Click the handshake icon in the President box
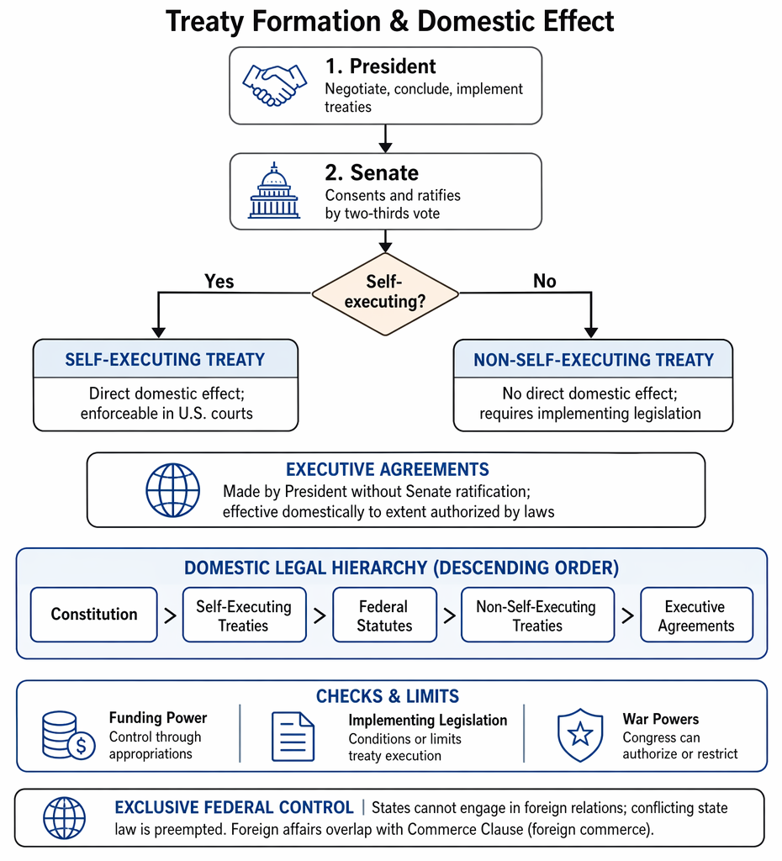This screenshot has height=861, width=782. click(275, 85)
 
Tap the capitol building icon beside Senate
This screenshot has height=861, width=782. click(274, 191)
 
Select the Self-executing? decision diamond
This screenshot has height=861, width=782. click(385, 293)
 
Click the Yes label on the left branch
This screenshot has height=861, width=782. click(219, 281)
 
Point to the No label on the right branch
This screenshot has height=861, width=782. click(545, 281)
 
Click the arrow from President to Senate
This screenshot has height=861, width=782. click(385, 139)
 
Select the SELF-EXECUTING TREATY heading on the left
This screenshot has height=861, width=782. click(166, 360)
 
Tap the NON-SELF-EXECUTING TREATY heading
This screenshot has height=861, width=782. click(594, 360)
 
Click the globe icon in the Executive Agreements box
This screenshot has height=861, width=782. click(173, 490)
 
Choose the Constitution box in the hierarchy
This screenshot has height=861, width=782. click(94, 615)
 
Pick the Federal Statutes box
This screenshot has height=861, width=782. click(384, 615)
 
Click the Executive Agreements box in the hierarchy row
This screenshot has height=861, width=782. click(696, 615)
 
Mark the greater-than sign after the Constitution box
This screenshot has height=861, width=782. click(170, 615)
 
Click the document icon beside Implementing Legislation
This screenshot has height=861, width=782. click(293, 737)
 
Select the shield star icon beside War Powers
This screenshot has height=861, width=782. click(580, 735)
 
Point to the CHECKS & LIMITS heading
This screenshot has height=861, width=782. click(387, 696)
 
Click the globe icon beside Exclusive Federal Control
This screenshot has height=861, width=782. click(64, 818)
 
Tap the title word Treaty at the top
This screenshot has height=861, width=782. click(204, 22)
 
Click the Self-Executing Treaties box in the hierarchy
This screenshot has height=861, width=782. click(244, 615)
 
